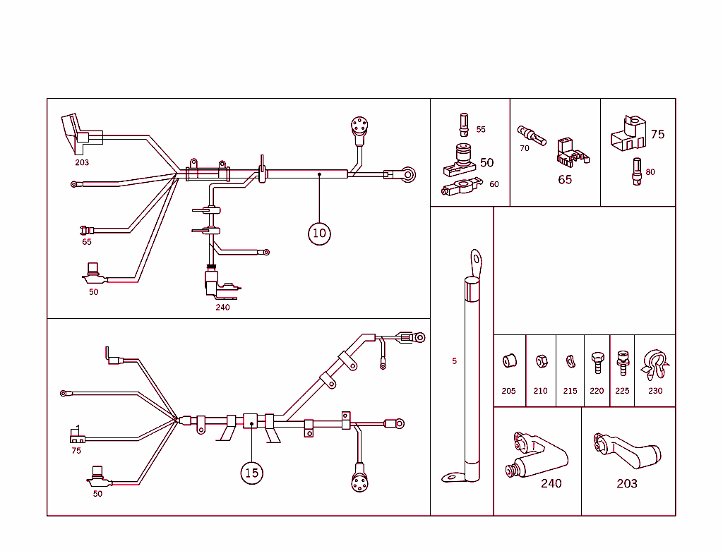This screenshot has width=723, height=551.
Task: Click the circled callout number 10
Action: (x=319, y=233)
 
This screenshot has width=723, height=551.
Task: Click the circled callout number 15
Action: (x=252, y=473)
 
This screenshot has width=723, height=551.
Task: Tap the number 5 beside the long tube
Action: (x=454, y=361)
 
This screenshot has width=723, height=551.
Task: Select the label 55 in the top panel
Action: (x=481, y=130)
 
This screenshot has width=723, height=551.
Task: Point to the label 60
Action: (x=494, y=184)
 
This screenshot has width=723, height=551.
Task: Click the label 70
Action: (x=524, y=149)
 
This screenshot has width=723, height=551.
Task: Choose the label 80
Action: (x=650, y=172)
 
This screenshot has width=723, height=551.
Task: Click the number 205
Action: (x=508, y=391)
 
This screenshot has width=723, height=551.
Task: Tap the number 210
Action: (x=540, y=391)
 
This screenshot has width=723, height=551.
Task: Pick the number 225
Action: (x=622, y=391)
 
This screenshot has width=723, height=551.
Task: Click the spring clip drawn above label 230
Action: (x=655, y=363)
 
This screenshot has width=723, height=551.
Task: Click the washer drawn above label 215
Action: (x=570, y=362)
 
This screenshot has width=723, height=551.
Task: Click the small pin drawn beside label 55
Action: (x=464, y=125)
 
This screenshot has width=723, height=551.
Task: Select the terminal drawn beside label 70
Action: (x=532, y=135)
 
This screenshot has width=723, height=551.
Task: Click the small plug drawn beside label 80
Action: (x=636, y=171)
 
